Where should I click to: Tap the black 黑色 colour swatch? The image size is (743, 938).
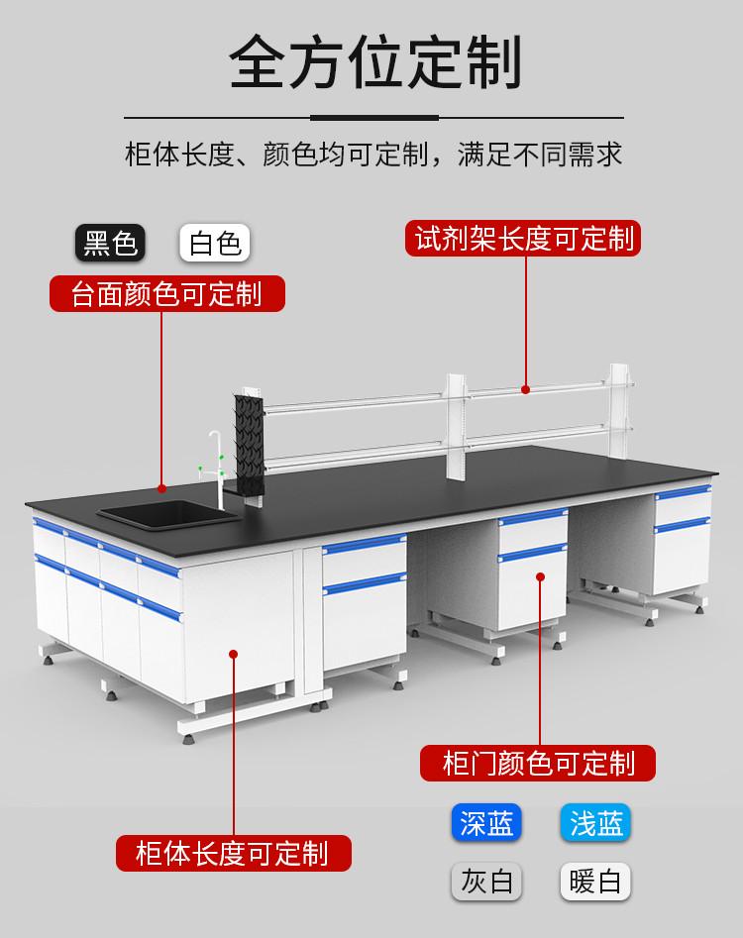tap(111, 243)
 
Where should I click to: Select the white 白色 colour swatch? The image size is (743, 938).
tap(215, 243)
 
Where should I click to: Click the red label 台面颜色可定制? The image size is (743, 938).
tap(167, 293)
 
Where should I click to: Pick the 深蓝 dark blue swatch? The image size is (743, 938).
tap(486, 823)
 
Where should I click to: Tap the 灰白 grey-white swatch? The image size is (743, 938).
tap(486, 881)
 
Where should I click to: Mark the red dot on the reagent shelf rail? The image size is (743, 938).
tap(525, 389)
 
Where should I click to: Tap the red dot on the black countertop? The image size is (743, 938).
tap(162, 487)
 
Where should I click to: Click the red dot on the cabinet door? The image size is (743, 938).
tap(541, 575)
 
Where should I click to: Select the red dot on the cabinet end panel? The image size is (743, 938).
tap(234, 653)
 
